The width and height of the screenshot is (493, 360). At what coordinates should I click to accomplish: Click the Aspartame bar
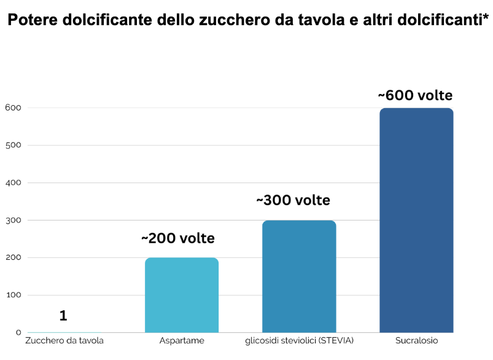[182, 295]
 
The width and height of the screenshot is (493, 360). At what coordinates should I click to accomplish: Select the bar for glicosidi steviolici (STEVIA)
[299, 276]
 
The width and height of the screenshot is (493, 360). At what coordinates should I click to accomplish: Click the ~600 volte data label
[415, 96]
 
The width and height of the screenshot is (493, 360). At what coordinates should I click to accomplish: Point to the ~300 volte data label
[293, 200]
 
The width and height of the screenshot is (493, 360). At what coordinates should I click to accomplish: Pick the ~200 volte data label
[178, 238]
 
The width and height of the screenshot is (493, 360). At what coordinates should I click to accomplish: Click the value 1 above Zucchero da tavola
[63, 316]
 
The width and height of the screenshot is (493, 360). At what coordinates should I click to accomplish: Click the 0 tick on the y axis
[18, 332]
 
